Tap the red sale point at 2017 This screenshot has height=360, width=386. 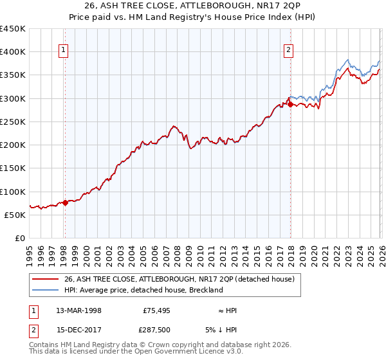[290, 104]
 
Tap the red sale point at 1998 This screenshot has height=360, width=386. [65, 203]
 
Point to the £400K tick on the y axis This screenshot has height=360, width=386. [13, 52]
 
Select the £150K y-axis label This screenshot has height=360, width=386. [13, 168]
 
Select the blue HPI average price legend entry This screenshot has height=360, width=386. [143, 290]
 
